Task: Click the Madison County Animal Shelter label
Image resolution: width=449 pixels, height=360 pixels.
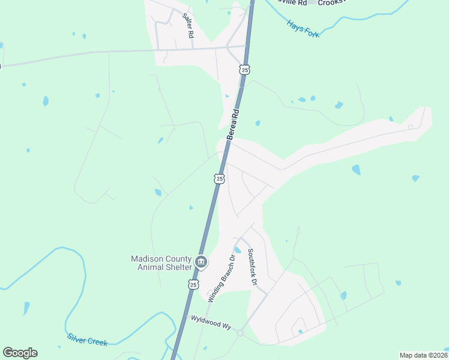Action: tap(161, 263)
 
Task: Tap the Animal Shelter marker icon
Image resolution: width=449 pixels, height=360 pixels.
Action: tap(201, 262)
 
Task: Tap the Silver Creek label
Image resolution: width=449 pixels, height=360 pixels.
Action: tap(88, 339)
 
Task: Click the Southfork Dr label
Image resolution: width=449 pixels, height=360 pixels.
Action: tap(253, 267)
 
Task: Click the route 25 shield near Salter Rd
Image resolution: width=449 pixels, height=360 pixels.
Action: tap(244, 70)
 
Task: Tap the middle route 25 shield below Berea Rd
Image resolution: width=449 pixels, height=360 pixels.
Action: tap(220, 179)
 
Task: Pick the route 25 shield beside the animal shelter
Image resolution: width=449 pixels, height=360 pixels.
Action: tap(193, 285)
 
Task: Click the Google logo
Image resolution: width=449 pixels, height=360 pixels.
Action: tap(20, 352)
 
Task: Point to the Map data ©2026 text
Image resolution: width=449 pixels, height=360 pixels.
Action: tap(423, 355)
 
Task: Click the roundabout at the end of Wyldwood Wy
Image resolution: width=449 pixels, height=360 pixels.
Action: tap(240, 333)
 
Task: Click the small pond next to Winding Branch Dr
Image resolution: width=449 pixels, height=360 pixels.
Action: tap(238, 250)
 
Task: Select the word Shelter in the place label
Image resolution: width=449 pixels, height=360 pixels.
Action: tap(178, 267)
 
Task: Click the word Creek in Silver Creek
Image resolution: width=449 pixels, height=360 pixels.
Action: tap(97, 341)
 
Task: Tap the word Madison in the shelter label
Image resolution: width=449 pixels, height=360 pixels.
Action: tap(146, 259)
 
